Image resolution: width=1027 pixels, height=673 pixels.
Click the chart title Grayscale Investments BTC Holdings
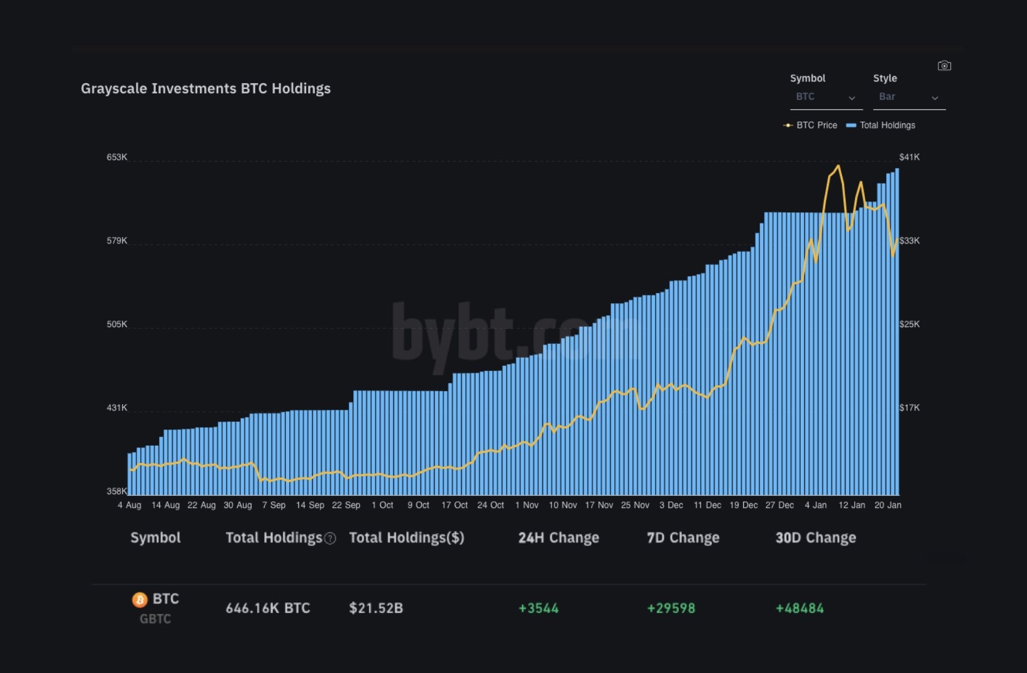[x=205, y=89]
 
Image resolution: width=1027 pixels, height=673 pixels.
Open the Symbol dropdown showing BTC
[x=825, y=97]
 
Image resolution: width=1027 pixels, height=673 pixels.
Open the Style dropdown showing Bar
[x=908, y=97]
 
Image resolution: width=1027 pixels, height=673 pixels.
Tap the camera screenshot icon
[x=944, y=66]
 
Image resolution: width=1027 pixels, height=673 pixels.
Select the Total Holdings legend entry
[x=881, y=125]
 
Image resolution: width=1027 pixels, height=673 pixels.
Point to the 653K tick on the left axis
[x=117, y=157]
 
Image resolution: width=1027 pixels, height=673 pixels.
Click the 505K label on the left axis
[x=117, y=324]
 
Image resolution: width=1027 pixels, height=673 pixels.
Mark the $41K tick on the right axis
[x=909, y=157]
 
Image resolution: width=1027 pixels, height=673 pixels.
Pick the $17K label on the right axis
[x=909, y=408]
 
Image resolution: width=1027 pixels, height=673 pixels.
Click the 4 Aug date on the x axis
[x=129, y=505]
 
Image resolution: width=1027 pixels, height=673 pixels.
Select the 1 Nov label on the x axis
[x=526, y=505]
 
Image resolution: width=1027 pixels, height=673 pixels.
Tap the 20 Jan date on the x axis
[x=887, y=505]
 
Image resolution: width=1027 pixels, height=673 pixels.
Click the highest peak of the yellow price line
[x=838, y=166]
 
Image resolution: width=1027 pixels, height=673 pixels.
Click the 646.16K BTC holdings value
[x=268, y=608]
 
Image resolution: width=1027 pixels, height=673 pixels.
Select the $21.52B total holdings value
[x=376, y=608]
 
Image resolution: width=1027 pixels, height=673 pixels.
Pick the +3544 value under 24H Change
[x=538, y=608]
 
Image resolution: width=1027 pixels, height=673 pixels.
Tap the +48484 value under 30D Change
[x=799, y=608]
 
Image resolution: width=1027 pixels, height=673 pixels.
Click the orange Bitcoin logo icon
[x=140, y=599]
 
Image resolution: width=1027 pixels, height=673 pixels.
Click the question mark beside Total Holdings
[x=330, y=538]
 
